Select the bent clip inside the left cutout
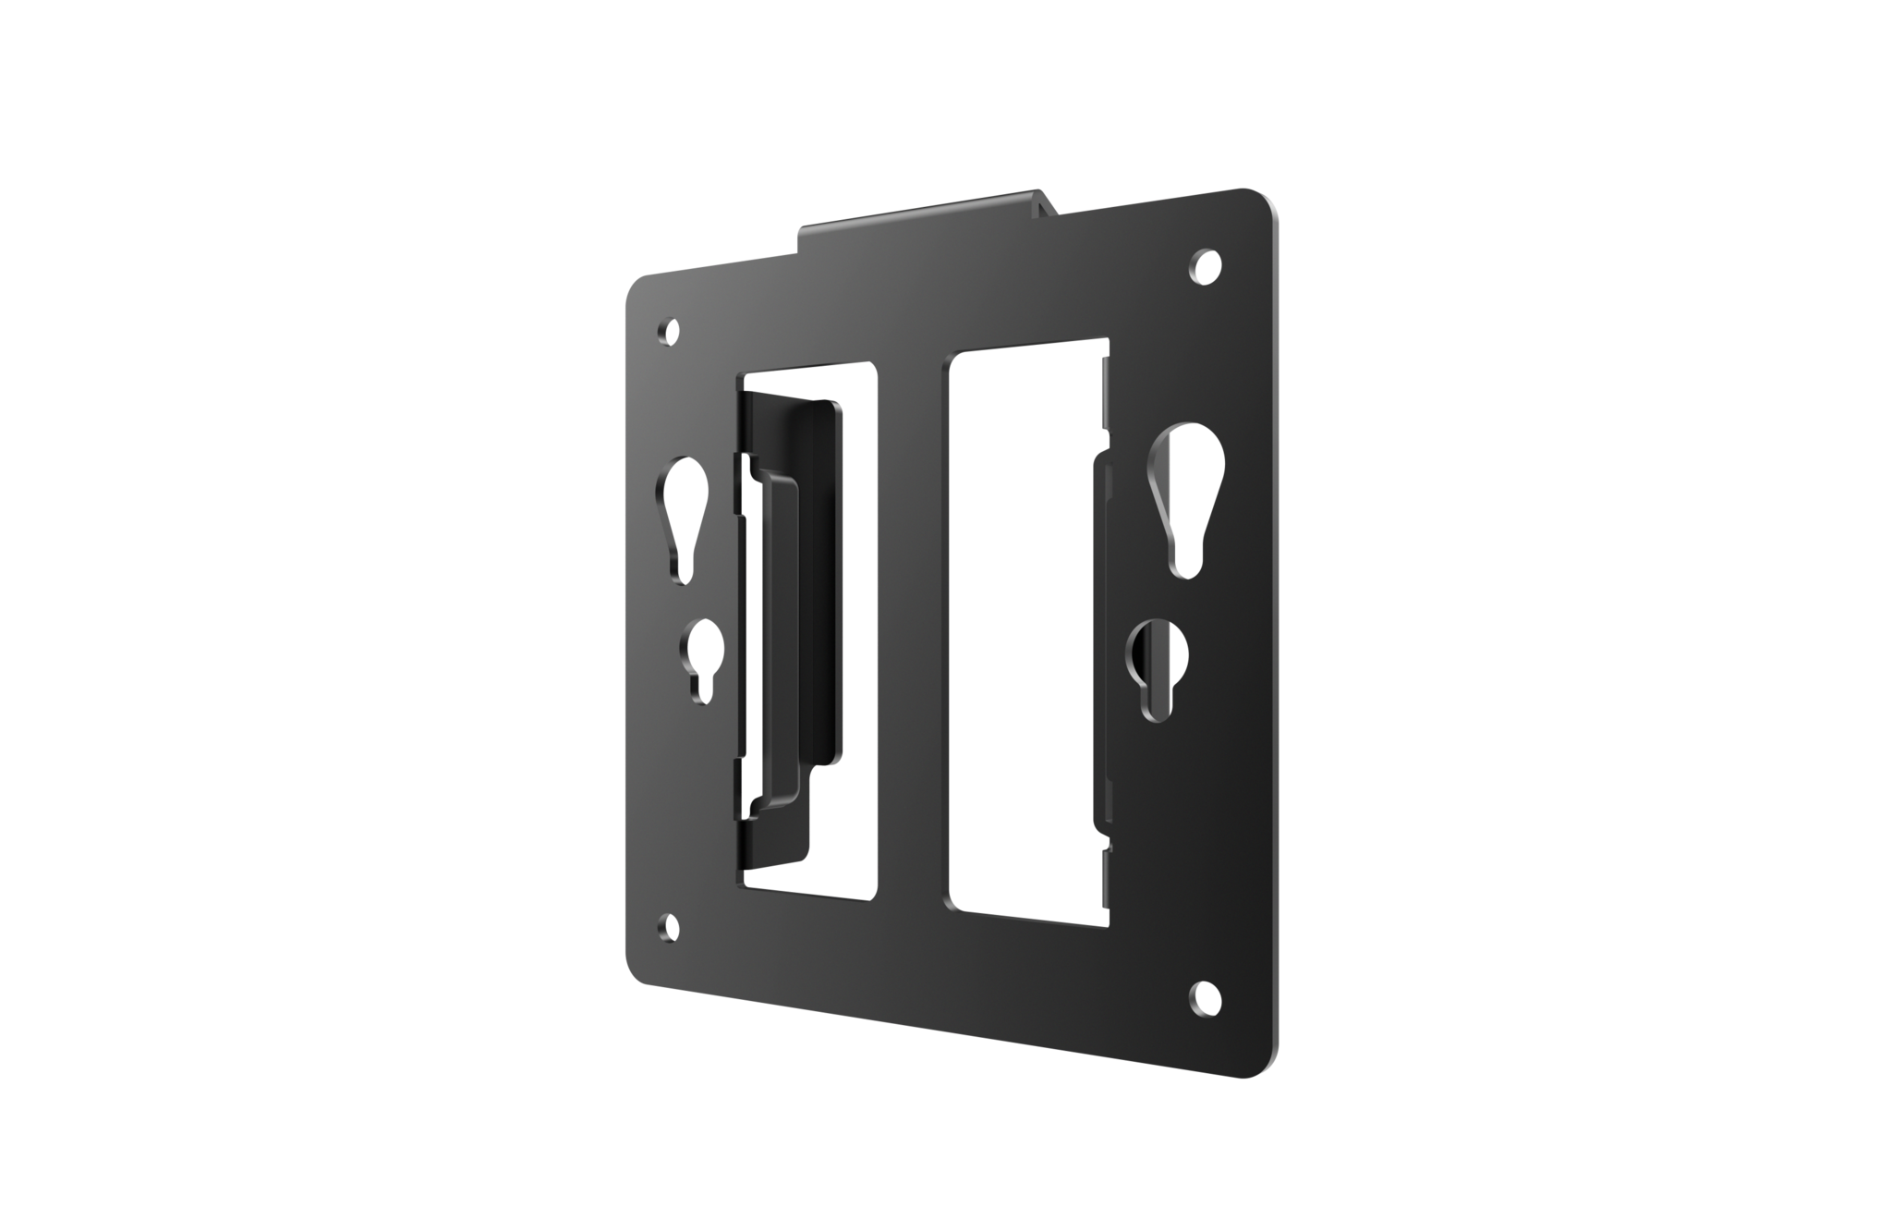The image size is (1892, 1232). [785, 628]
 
